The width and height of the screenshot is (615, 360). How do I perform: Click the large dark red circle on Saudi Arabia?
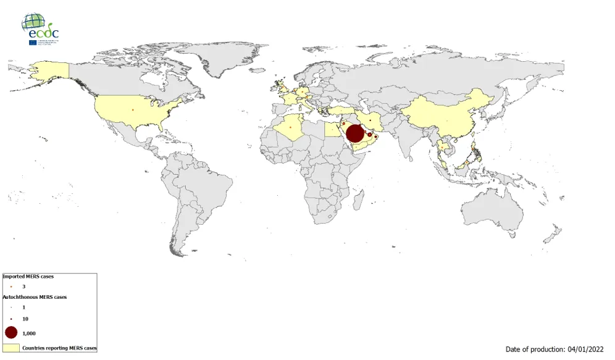[354, 133]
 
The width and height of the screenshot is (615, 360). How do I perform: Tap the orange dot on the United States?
[132, 111]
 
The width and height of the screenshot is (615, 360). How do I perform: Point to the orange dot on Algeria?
[290, 128]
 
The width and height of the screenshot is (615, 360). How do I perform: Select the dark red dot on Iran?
[370, 120]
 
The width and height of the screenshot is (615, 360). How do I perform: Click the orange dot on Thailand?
[441, 147]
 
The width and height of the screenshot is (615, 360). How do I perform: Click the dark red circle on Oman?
[376, 136]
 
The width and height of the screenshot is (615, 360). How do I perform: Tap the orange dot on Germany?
[303, 92]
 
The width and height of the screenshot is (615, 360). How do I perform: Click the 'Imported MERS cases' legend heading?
[28, 277]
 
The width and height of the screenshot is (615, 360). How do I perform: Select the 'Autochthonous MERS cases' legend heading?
[35, 297]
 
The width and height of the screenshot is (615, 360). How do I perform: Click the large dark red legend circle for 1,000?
[11, 332]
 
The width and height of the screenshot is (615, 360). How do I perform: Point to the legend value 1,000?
[28, 333]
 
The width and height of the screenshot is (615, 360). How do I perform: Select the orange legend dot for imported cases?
[11, 287]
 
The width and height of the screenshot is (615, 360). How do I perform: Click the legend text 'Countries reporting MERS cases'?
[59, 348]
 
